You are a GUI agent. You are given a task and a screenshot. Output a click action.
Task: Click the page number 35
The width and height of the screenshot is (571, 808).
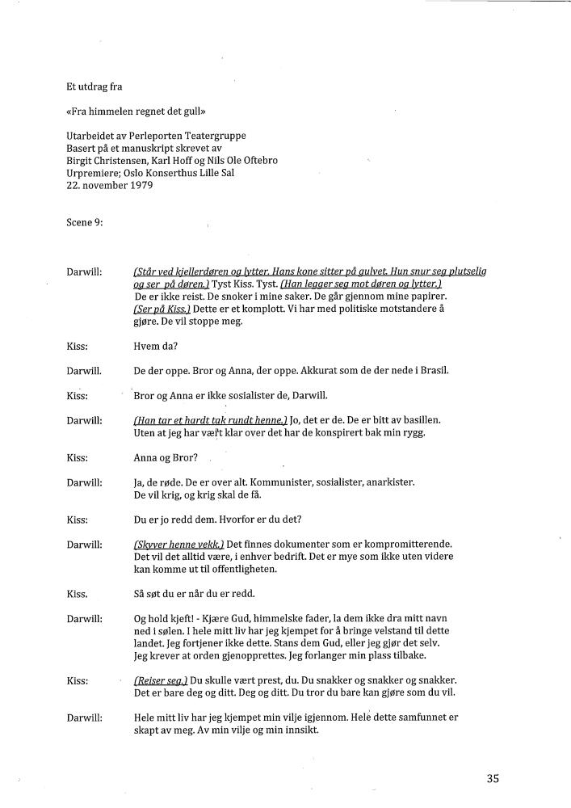[493, 779]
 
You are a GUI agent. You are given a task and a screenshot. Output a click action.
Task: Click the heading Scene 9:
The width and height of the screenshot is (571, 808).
[85, 223]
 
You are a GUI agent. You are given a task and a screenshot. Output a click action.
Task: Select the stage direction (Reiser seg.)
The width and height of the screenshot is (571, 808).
[161, 680]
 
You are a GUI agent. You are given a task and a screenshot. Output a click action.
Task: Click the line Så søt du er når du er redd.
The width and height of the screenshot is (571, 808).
[195, 594]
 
